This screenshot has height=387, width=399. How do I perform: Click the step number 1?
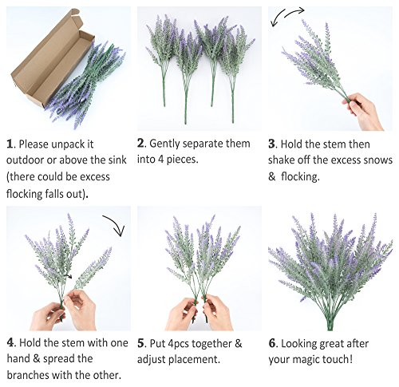coord(10,144)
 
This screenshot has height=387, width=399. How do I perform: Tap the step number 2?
coord(140,144)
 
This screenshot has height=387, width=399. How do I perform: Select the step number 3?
coord(271,144)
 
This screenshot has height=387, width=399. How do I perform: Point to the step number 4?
coord(10,342)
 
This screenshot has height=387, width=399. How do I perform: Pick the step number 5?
coord(140,343)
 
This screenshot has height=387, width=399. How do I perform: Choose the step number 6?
coord(272,343)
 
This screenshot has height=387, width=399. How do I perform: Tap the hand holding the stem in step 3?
coord(364,111)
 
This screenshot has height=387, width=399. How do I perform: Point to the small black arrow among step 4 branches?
coord(69,276)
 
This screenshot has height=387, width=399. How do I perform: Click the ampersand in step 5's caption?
coord(239,343)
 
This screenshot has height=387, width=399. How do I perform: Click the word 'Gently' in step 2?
coord(165,144)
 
